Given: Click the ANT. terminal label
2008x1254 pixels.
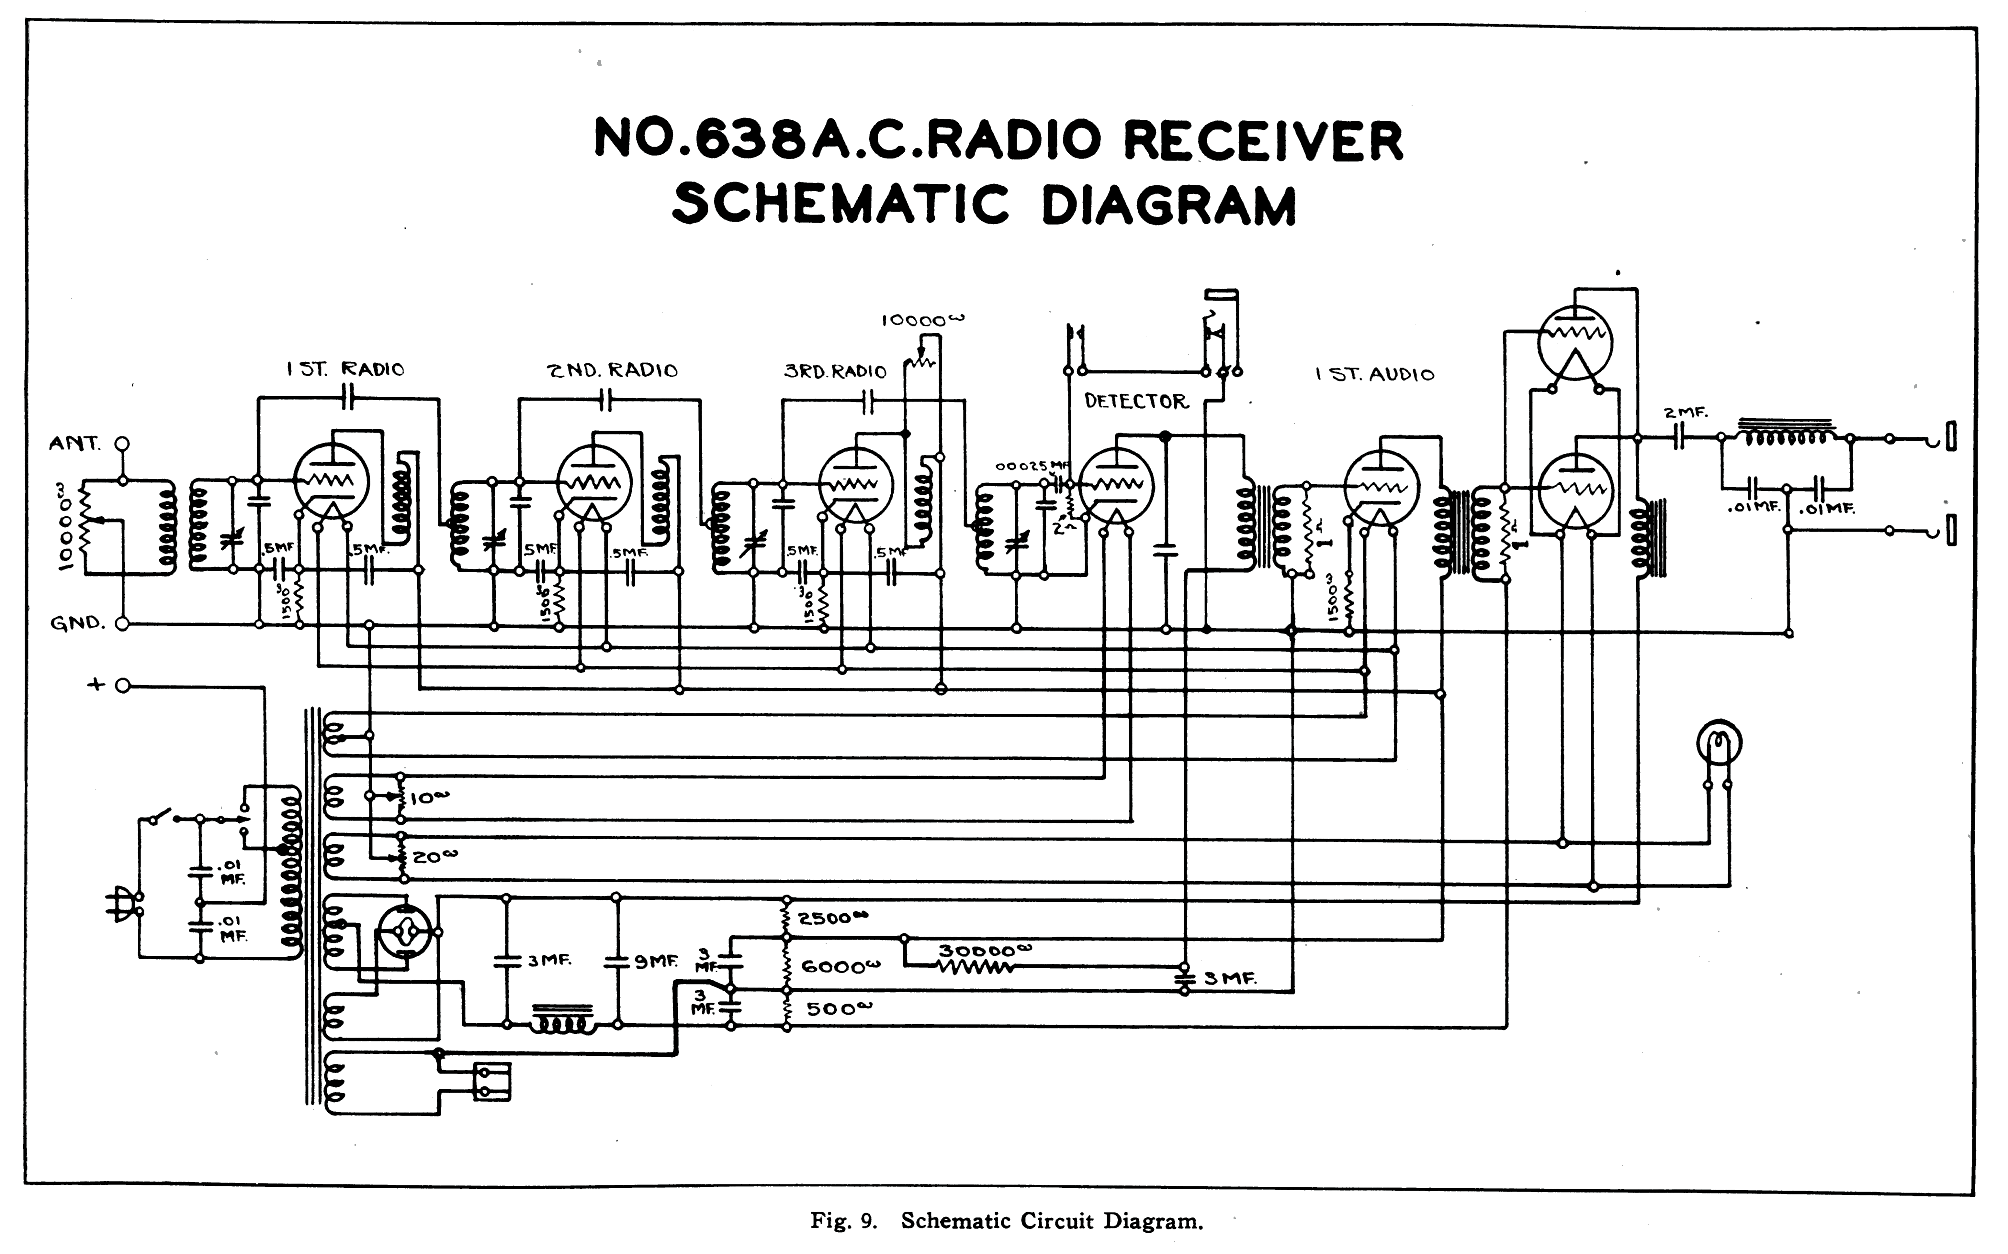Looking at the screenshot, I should (x=75, y=444).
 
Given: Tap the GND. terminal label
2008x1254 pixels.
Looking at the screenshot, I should (x=77, y=624).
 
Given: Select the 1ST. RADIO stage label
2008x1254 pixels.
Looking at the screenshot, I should (x=345, y=370).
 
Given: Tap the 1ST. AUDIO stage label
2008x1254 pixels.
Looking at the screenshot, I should (x=1374, y=374).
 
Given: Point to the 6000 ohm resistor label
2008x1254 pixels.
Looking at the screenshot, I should (x=840, y=967).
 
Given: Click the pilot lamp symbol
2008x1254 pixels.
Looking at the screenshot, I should (x=1719, y=742).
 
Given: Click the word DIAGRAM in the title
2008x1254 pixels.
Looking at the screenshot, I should (x=1168, y=205).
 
